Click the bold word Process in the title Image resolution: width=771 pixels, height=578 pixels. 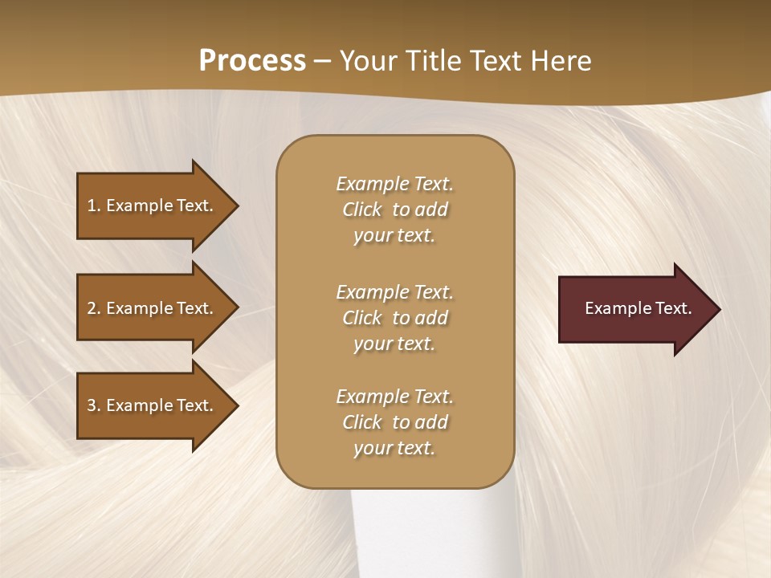(252, 61)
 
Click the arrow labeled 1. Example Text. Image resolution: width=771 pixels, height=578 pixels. (153, 206)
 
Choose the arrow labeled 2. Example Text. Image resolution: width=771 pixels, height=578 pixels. (153, 308)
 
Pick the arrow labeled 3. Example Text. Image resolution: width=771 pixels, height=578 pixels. (153, 405)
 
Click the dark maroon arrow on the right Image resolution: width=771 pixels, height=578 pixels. (634, 308)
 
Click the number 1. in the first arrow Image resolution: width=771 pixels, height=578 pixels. (93, 206)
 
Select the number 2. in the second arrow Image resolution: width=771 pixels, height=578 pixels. (93, 308)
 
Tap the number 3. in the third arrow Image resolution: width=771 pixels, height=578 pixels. (93, 405)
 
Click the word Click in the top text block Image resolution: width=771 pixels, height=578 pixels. (362, 210)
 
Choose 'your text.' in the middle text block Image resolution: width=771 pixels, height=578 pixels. (394, 344)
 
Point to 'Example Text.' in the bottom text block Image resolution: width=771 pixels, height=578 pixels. (394, 397)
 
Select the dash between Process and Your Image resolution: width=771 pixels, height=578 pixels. (322, 61)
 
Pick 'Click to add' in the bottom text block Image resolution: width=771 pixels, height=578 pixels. (394, 422)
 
